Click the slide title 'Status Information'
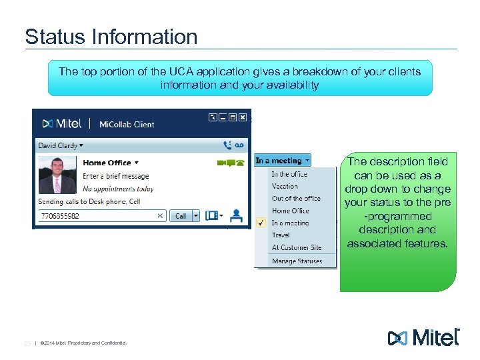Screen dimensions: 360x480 [111, 36]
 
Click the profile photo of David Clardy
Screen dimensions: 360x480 [57, 175]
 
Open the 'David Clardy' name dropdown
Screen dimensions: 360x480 [61, 145]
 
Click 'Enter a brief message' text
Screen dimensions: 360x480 [115, 176]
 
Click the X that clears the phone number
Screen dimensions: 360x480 [160, 216]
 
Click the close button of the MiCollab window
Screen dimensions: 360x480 [243, 117]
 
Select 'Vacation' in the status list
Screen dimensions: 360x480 [285, 187]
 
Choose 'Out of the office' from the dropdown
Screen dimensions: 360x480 [296, 199]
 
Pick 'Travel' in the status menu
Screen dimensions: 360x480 [281, 235]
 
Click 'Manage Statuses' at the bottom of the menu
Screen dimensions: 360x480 [297, 261]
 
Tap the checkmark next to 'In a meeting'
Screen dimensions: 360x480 [261, 223]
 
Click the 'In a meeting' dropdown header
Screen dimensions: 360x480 [283, 161]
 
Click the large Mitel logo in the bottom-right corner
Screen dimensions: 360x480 [424, 337]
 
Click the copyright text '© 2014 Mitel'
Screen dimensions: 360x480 [83, 343]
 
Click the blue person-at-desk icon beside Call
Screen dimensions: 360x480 [235, 215]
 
